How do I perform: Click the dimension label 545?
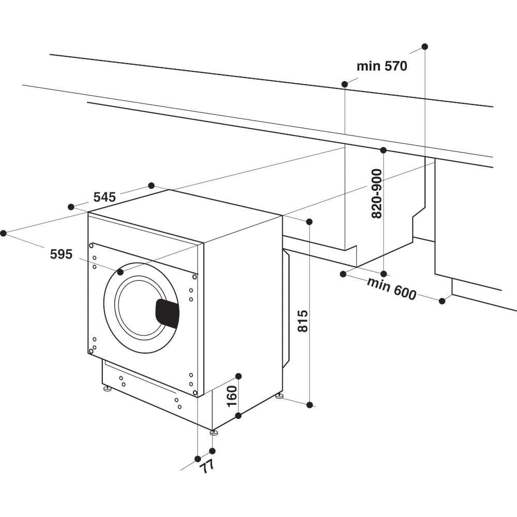pos(104,197)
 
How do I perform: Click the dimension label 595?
pos(61,254)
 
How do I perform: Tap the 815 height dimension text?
pos(303,321)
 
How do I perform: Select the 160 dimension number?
pos(232,396)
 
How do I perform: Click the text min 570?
pos(382,66)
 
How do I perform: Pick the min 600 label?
pos(391,288)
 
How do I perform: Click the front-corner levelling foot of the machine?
pos(214,432)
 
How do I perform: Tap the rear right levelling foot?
pos(279,396)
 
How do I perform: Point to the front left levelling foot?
pos(107,389)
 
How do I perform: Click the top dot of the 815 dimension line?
pos(309,222)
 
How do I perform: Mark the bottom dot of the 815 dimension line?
pos(310,405)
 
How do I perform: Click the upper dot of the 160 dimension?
pos(238,376)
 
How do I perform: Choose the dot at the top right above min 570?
pos(424,47)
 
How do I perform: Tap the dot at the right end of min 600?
pos(442,300)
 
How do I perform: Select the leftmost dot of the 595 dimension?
pos(3,233)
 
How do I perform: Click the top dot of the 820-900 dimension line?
pos(383,150)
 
